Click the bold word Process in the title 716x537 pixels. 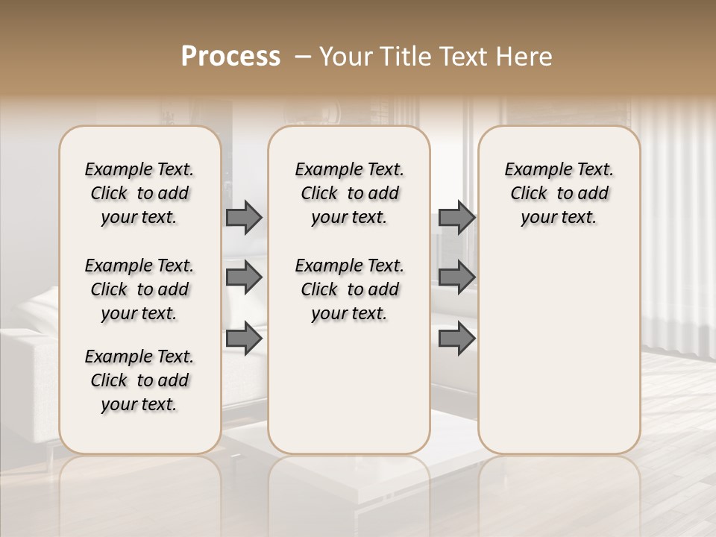(x=230, y=57)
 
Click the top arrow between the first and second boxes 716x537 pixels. (x=244, y=217)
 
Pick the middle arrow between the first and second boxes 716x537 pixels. (x=244, y=277)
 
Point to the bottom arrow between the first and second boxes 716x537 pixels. (x=244, y=339)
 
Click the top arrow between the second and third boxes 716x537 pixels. (x=456, y=217)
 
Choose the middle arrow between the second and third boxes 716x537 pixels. (x=456, y=277)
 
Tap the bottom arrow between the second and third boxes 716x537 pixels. (x=456, y=339)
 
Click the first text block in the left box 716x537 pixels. (x=139, y=193)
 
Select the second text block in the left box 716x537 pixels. (x=139, y=289)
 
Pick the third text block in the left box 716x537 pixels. (x=139, y=380)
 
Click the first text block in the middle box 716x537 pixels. (x=349, y=193)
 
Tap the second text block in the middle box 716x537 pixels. (x=349, y=289)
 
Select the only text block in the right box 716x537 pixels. (x=559, y=193)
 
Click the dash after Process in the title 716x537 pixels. (x=302, y=57)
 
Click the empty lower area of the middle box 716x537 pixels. (x=349, y=388)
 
